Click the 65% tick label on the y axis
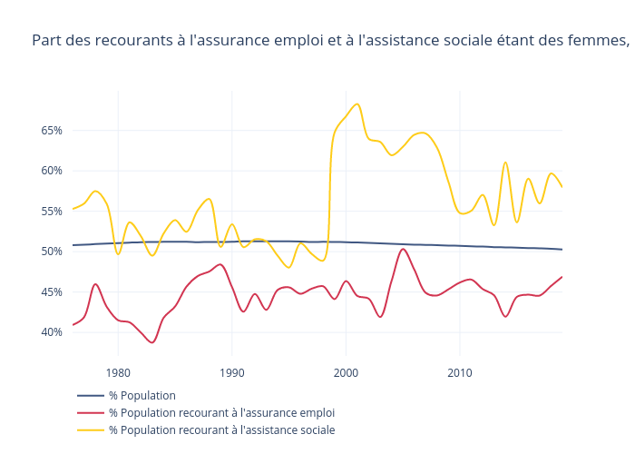click(x=51, y=131)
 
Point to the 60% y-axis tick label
click(x=51, y=171)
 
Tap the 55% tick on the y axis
click(x=51, y=211)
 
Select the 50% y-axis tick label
click(x=51, y=252)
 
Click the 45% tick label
click(x=51, y=291)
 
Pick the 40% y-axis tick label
click(x=51, y=332)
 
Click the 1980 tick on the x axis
click(x=118, y=372)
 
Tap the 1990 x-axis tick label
click(x=231, y=372)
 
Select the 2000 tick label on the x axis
click(x=346, y=372)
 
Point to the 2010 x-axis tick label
click(x=460, y=372)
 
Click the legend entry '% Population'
click(x=142, y=396)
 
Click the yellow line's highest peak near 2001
click(x=357, y=104)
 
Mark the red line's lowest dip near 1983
click(x=152, y=342)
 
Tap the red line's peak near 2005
click(x=403, y=249)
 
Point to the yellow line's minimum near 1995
click(x=289, y=267)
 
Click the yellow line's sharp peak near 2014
click(x=505, y=163)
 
